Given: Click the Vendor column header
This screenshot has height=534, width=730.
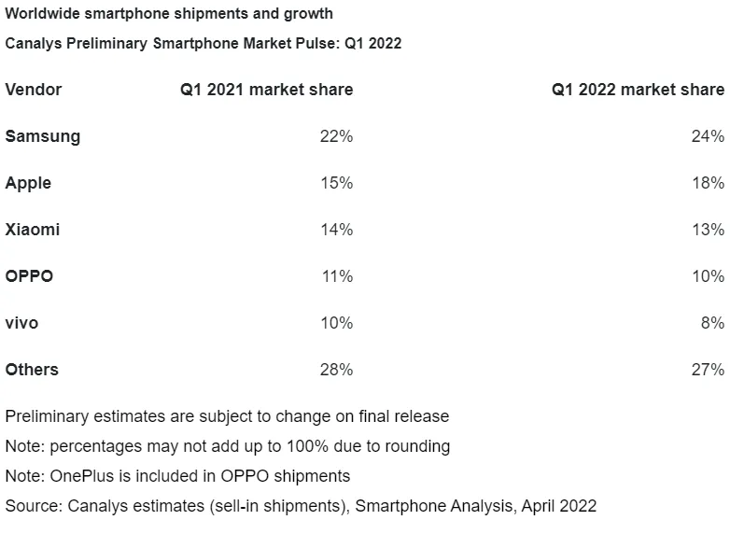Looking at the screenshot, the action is click(33, 90).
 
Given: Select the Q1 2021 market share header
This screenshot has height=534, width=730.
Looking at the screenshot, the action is click(267, 90).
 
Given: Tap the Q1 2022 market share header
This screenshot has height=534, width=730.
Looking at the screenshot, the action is click(639, 90).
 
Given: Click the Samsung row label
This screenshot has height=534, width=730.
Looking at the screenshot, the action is click(43, 136).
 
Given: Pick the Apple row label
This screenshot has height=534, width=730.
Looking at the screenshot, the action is click(28, 183).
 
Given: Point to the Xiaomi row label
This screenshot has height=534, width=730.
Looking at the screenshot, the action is click(33, 230).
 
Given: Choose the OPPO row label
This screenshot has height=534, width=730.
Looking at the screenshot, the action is click(29, 276).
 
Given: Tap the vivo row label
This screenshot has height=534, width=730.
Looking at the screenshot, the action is click(21, 323).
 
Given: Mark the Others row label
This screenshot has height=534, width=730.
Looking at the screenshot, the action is click(32, 369).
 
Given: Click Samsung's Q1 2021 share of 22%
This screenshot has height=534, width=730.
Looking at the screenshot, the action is click(337, 136).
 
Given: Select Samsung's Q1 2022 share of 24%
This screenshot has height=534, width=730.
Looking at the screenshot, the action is click(709, 136).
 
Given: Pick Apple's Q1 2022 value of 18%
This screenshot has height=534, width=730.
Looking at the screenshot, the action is click(709, 183).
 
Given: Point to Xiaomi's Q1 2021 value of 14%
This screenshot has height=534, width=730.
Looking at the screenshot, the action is click(337, 230).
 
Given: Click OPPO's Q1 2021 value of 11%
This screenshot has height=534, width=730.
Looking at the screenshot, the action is click(338, 276).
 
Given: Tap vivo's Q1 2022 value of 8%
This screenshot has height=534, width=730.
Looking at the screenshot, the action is click(713, 323).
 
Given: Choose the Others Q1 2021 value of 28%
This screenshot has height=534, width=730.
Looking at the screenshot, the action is click(337, 369).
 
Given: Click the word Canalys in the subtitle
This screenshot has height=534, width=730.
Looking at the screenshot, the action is click(33, 43).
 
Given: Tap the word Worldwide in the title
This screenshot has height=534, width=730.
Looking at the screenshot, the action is click(43, 13).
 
